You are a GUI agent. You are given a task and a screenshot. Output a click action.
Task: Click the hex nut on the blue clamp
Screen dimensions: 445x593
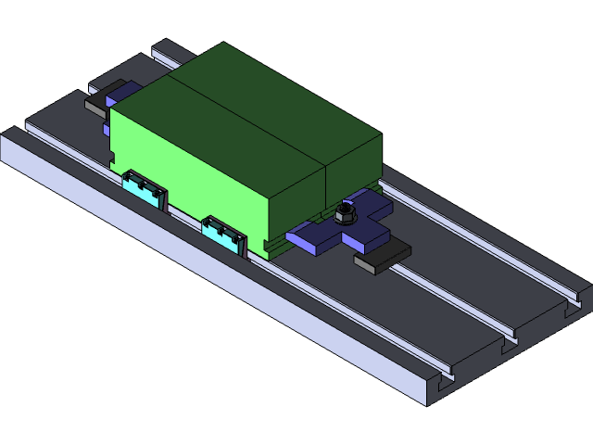tap(345, 213)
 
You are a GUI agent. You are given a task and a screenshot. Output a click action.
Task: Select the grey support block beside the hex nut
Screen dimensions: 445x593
tap(382, 257)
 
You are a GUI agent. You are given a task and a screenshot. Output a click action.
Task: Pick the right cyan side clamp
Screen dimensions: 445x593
tap(224, 233)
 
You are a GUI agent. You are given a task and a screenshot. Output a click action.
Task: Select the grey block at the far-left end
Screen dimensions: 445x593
tap(96, 106)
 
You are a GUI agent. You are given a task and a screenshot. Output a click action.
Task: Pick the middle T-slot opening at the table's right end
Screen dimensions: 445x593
tap(509, 344)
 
